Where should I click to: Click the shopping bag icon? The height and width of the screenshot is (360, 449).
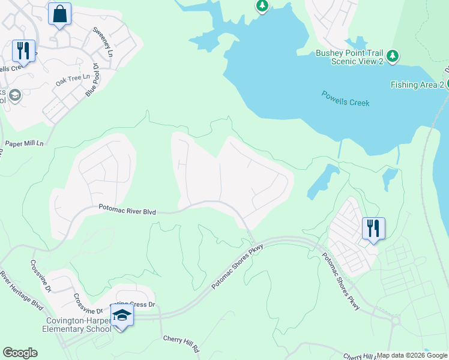(59, 14)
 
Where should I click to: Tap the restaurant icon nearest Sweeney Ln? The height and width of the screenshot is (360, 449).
(23, 51)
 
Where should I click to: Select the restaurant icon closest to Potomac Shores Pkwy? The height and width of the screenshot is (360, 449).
(373, 229)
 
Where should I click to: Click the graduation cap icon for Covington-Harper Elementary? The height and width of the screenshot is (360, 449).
(122, 315)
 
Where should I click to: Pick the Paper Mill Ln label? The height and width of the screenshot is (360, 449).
(25, 144)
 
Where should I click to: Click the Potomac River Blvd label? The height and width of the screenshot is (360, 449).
(127, 211)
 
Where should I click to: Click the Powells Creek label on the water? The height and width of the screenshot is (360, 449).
(345, 98)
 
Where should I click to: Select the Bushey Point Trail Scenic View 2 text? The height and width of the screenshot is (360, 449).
(349, 58)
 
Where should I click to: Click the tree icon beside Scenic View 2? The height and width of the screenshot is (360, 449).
(393, 56)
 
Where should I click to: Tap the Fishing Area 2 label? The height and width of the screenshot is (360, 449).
(417, 85)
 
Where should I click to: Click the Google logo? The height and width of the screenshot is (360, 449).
(20, 353)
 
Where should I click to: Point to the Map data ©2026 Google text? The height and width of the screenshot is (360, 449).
(412, 355)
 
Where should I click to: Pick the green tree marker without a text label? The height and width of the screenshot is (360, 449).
(262, 6)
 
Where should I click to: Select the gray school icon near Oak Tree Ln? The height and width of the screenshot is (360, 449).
(15, 95)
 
